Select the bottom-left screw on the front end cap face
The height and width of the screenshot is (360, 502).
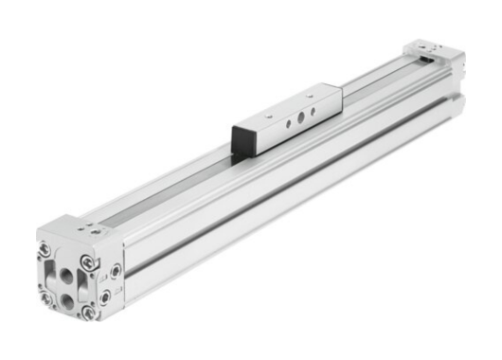click(x=45, y=297)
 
